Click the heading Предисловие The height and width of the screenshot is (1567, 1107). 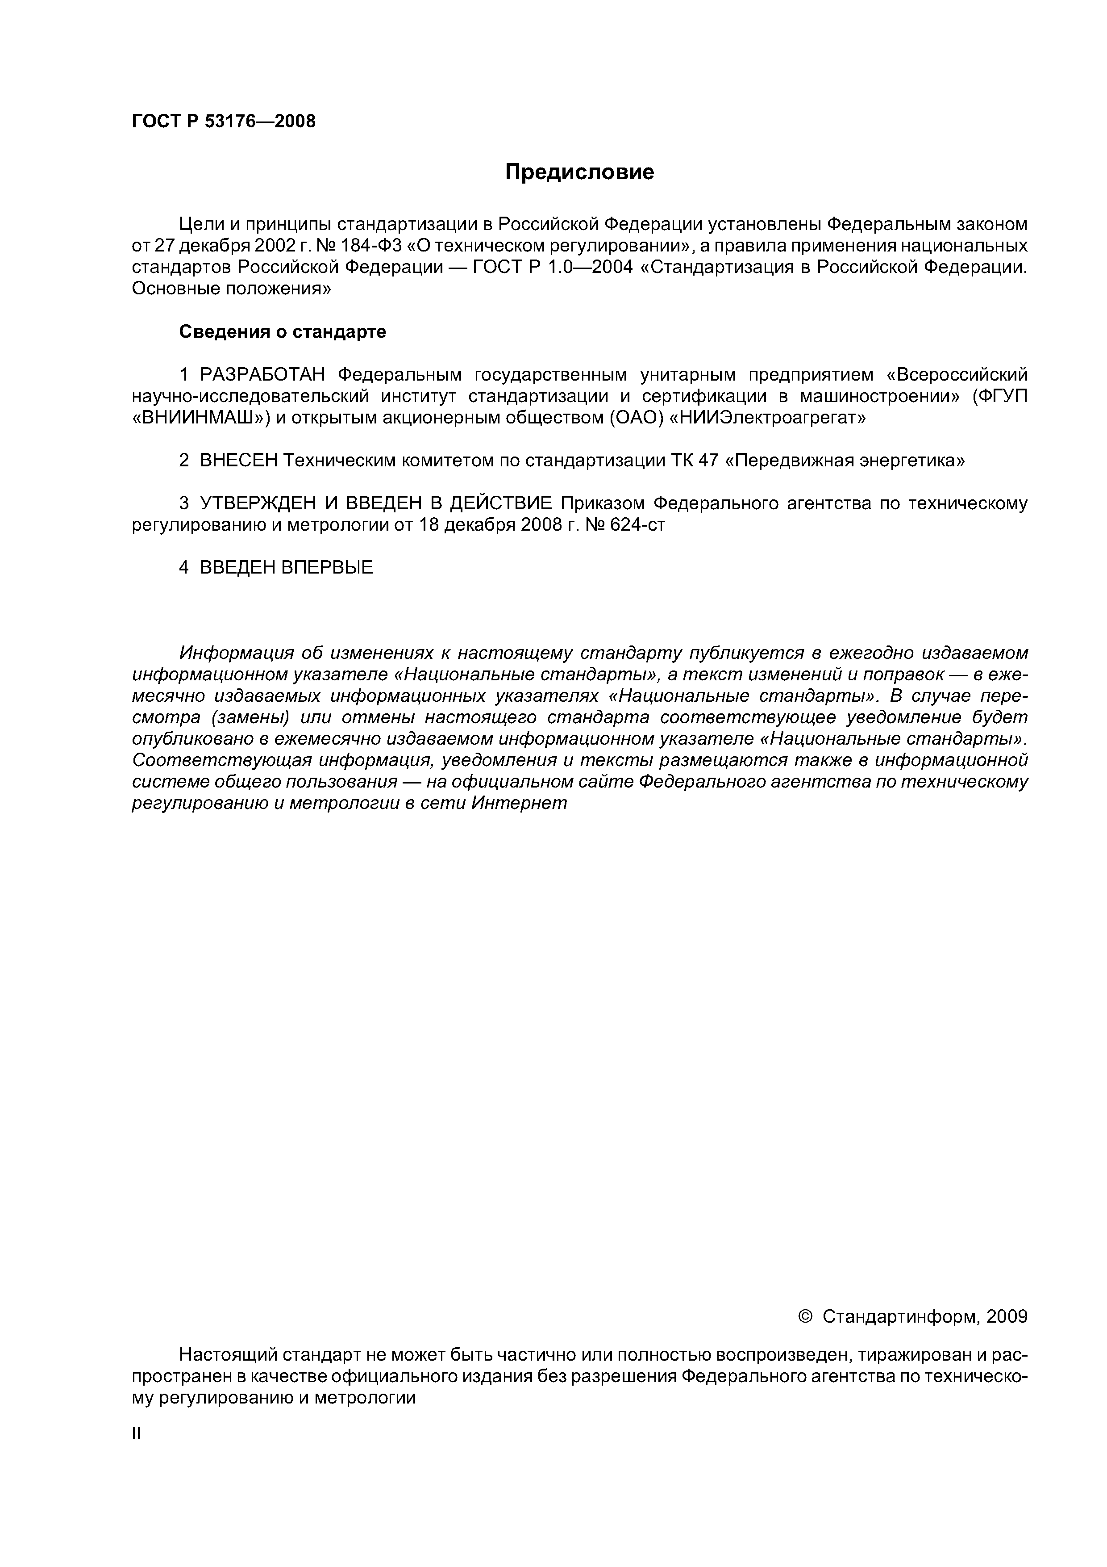coord(579,172)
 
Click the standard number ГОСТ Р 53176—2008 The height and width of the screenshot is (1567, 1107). coord(224,122)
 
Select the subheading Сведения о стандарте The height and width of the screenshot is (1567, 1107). coord(283,332)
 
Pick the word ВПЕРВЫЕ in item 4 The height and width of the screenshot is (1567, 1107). coord(327,567)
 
